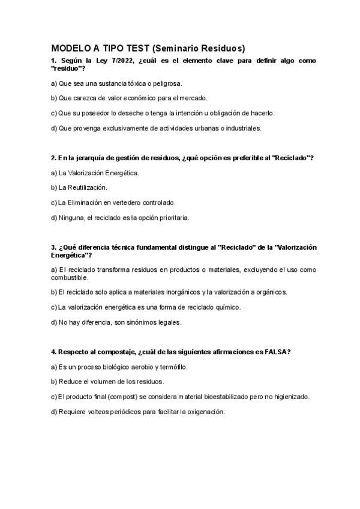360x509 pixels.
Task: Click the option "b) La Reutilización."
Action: point(79,188)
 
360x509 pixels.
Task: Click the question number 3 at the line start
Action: point(53,247)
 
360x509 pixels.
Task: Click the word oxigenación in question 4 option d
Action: point(203,412)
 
